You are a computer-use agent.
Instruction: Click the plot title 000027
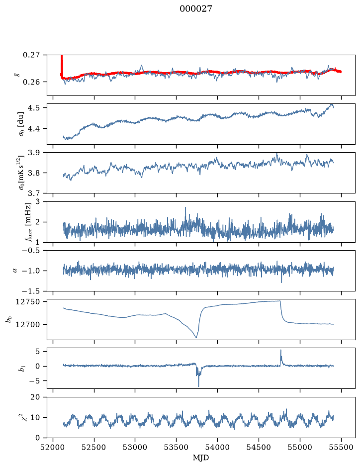[195, 8]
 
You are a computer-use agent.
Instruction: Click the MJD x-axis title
[201, 458]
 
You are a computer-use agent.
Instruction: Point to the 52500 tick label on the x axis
[94, 447]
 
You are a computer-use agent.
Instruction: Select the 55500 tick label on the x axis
[341, 447]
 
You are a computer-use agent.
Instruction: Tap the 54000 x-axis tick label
[217, 447]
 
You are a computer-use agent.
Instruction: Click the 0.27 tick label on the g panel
[31, 55]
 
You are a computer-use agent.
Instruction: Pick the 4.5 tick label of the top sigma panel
[33, 108]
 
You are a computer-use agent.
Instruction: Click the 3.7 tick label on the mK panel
[33, 193]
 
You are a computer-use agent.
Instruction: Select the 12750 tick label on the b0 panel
[27, 302]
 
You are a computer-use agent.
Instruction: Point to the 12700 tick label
[27, 324]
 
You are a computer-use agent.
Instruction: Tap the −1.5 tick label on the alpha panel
[31, 291]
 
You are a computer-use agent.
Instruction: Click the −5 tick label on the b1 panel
[34, 381]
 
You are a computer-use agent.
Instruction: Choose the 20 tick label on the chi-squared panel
[35, 397]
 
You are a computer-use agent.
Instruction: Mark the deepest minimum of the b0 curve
[196, 338]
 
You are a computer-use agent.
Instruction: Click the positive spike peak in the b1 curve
[280, 350]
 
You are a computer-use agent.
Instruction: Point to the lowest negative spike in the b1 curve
[198, 386]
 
